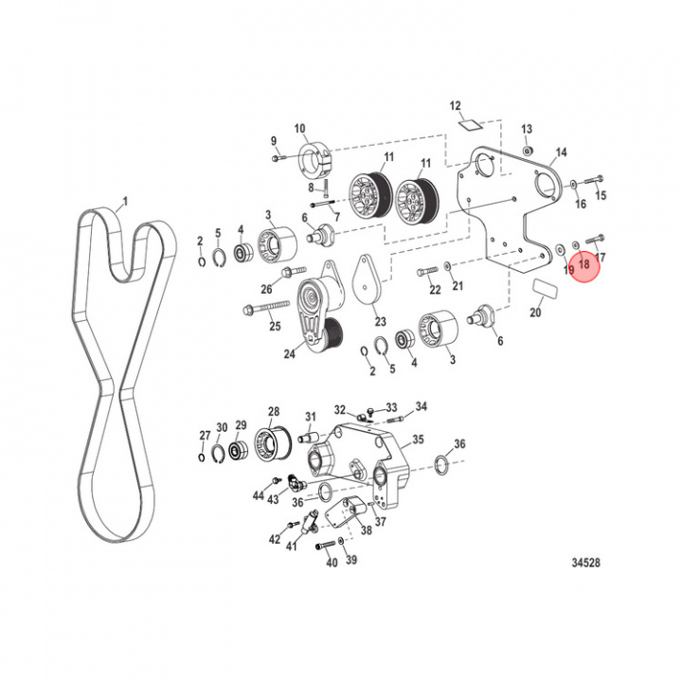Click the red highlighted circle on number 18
tap(583, 266)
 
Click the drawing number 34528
tap(585, 563)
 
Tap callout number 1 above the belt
tap(125, 202)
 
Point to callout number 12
tap(455, 106)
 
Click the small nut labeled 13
tap(528, 151)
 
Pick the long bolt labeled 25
tap(266, 307)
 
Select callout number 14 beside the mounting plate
tap(561, 152)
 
